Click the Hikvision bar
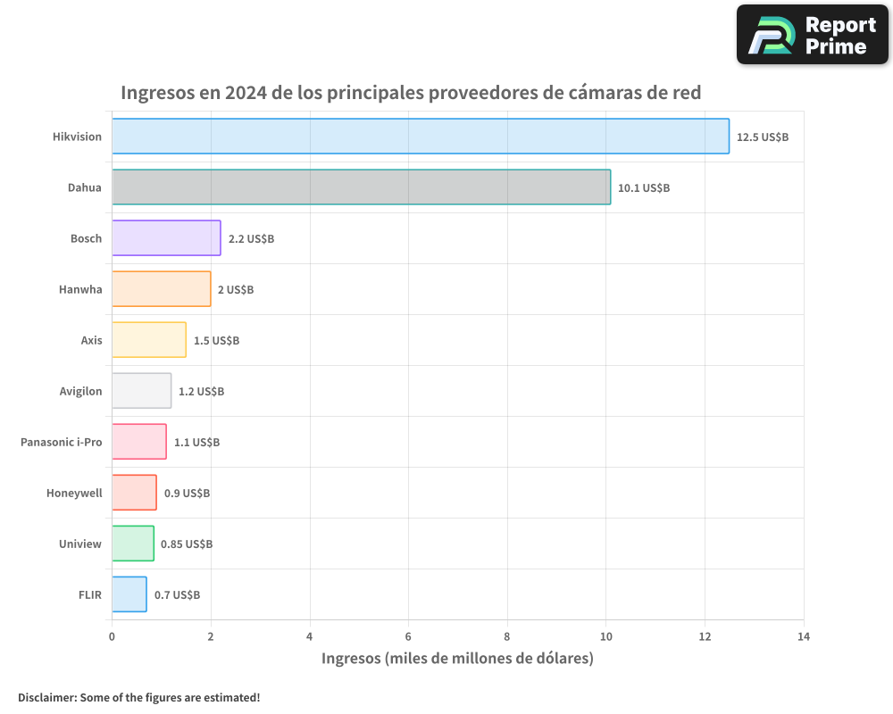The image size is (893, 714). (420, 137)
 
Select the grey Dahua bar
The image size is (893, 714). (361, 187)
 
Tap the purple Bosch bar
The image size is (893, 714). (166, 238)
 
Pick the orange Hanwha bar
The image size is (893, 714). (161, 289)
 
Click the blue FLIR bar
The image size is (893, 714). (129, 594)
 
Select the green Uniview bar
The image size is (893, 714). (132, 544)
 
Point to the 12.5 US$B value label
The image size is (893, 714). (762, 137)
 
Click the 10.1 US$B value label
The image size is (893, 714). (643, 188)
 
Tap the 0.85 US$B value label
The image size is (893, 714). (186, 544)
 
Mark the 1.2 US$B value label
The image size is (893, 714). (201, 392)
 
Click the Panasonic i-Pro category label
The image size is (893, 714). (61, 442)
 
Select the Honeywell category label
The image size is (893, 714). (74, 493)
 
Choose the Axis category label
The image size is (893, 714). (91, 340)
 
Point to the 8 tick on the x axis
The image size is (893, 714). (507, 636)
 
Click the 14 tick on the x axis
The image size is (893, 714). (804, 636)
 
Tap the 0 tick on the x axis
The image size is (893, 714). (112, 636)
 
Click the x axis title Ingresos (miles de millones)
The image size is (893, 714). (457, 659)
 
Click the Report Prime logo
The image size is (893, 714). (812, 35)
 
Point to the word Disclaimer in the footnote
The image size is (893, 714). (46, 697)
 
